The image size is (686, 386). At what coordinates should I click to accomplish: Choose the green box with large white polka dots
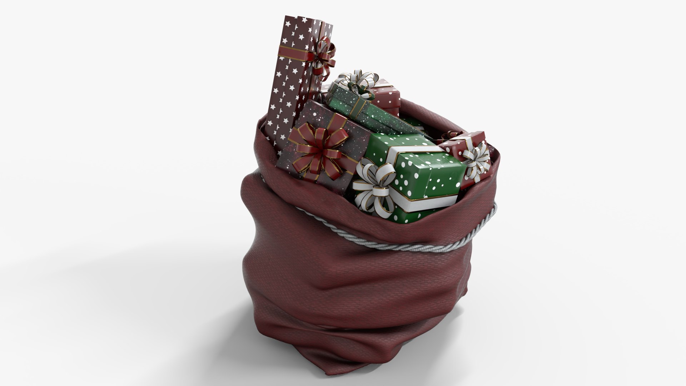point(429,172)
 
